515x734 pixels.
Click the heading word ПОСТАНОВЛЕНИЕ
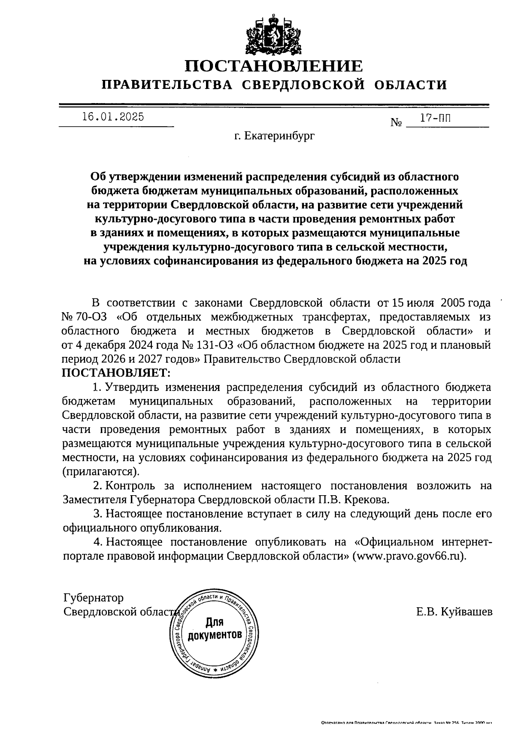coord(274,66)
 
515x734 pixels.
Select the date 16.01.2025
coord(113,117)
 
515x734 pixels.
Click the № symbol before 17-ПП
coord(396,122)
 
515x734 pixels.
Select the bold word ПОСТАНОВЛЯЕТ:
coord(116,372)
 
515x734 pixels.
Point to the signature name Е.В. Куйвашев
coord(454,612)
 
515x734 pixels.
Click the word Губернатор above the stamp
coord(94,597)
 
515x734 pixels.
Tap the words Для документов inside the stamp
coord(215,628)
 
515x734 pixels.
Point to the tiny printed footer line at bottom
coord(406,723)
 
